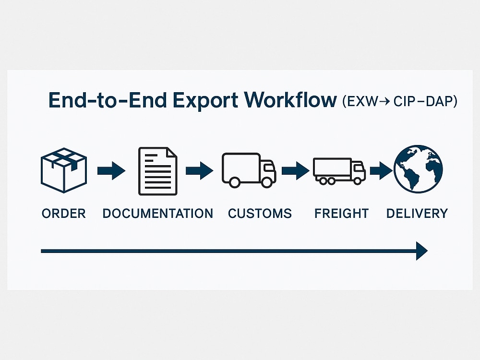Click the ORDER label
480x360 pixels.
64,214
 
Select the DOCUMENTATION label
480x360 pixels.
157,214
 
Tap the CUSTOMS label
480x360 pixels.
260,214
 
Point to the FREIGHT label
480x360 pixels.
341,214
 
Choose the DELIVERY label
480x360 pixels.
417,214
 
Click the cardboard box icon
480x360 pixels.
64,170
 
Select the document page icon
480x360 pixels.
157,171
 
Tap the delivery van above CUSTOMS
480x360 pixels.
249,170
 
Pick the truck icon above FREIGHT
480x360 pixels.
339,171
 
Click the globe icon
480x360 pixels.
418,169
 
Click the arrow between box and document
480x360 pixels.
111,170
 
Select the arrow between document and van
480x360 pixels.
200,170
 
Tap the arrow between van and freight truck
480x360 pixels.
295,170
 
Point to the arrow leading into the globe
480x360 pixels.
381,170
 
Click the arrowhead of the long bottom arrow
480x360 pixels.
422,251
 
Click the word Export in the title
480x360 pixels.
205,101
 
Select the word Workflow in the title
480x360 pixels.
290,100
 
